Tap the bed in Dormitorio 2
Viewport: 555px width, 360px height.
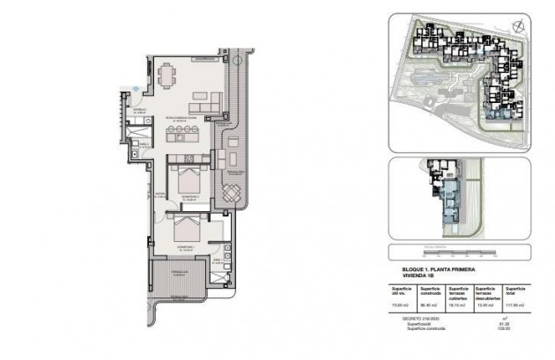pyautogui.click(x=187, y=181)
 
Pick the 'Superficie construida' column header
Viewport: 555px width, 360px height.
pyautogui.click(x=431, y=291)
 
